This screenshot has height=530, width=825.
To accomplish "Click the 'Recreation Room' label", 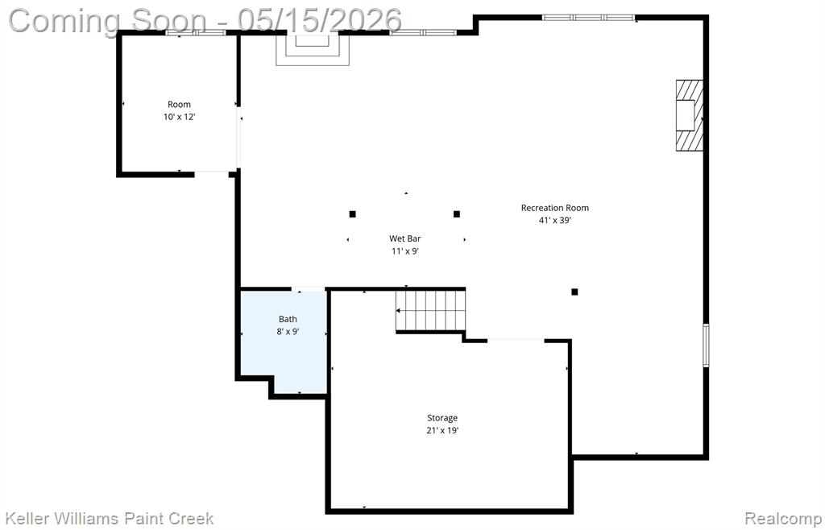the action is tap(554, 208).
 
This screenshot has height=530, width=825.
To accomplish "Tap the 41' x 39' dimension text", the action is tap(554, 221).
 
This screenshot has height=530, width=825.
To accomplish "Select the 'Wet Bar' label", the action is tap(405, 238).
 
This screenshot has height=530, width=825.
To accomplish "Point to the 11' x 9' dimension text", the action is tap(405, 251).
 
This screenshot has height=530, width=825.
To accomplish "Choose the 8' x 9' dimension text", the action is tap(288, 332).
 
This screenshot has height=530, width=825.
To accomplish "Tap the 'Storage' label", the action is tap(442, 418).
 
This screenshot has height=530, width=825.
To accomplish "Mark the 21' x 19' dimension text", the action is tap(442, 431).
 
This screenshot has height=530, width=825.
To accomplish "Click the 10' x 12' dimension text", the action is tap(179, 117).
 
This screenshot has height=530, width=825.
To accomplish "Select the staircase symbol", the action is tap(431, 310).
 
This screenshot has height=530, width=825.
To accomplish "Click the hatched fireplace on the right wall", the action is tap(690, 115).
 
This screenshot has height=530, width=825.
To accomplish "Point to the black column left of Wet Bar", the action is tap(353, 214).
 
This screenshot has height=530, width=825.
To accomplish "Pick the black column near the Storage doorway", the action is tap(574, 292).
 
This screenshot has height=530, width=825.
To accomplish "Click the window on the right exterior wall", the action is tap(706, 345).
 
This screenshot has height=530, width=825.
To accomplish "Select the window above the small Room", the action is tap(196, 32).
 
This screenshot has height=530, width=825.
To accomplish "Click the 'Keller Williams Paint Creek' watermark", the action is tap(110, 519).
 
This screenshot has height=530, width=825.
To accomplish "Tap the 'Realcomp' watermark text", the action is tap(784, 519).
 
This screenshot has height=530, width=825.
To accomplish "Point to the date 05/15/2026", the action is tap(319, 20).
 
